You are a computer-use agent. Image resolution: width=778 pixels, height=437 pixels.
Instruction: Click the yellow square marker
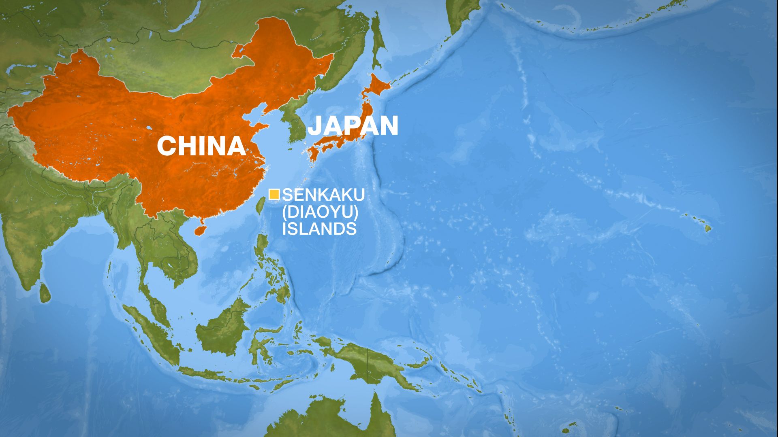(274, 194)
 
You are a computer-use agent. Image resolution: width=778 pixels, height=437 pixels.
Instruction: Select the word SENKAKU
(323, 195)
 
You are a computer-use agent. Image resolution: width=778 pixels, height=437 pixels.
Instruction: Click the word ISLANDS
(319, 229)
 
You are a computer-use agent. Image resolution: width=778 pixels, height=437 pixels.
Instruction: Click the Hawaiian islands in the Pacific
(707, 228)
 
